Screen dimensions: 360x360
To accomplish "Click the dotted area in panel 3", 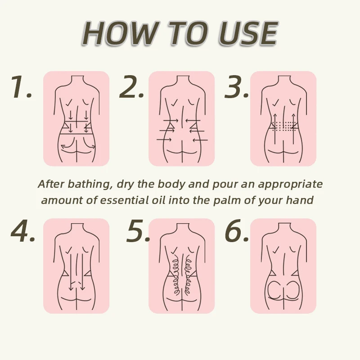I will point(283,126).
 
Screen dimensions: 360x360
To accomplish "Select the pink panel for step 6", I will point(283,266).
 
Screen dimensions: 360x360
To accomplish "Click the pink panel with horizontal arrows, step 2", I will point(181,118).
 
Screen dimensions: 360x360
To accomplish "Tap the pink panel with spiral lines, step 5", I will point(181,266).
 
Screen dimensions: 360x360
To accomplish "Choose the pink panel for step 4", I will point(76,266).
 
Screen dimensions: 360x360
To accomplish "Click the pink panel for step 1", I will point(76,118).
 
